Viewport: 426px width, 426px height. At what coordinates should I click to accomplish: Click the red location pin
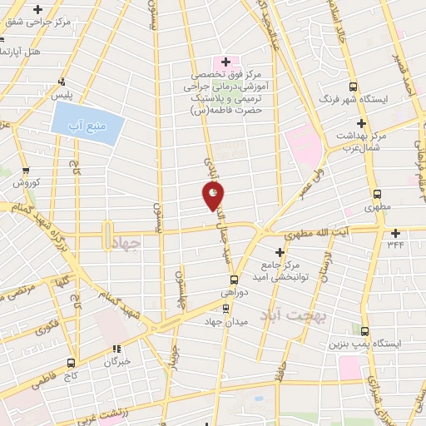(213, 195)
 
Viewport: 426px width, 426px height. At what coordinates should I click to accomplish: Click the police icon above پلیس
(62, 82)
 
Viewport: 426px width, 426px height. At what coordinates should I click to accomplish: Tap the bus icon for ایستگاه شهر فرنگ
(353, 87)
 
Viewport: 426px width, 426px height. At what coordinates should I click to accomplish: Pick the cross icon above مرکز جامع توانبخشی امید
(280, 250)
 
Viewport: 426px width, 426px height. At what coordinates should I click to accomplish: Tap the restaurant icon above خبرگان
(118, 349)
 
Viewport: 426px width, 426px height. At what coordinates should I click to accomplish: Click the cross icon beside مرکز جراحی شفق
(37, 10)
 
